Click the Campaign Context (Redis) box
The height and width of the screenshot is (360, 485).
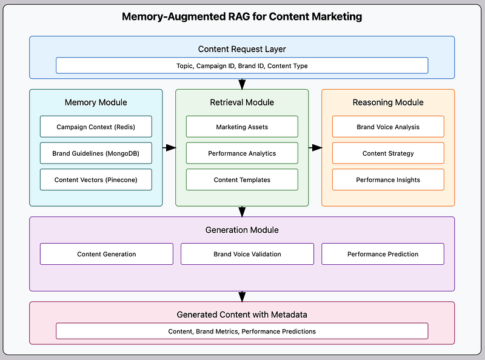click(96, 127)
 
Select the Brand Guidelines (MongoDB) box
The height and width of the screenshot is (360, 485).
click(96, 153)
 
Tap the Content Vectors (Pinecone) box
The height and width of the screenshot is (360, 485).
click(96, 179)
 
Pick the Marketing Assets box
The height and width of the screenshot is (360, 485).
click(242, 127)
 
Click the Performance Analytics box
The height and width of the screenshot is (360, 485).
click(242, 153)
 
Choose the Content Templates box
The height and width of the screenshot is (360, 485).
click(242, 179)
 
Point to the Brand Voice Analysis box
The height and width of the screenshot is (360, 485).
click(388, 127)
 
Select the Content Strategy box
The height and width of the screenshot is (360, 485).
click(388, 153)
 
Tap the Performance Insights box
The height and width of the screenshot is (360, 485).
click(388, 179)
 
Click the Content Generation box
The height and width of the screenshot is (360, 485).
click(107, 254)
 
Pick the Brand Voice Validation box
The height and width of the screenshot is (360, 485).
click(247, 254)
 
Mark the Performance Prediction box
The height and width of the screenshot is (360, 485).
click(383, 254)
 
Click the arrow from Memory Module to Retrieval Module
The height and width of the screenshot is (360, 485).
click(169, 147)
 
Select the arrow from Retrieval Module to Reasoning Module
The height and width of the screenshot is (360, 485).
click(315, 147)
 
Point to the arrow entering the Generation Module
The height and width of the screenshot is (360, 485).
click(242, 212)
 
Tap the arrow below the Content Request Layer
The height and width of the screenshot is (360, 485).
click(242, 84)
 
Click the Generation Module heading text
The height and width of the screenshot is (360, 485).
click(242, 230)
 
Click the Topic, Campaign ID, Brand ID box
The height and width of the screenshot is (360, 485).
click(242, 65)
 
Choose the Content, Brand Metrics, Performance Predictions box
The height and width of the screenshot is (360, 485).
click(242, 332)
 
